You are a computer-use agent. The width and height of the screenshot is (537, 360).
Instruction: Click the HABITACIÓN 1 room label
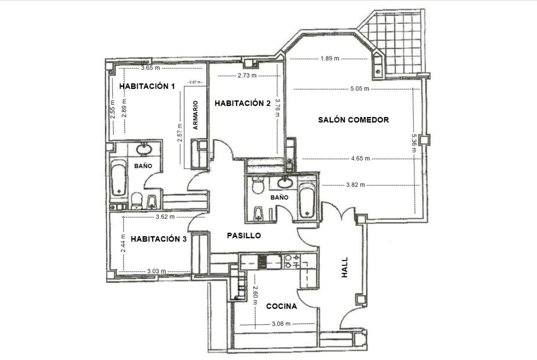(x=147, y=86)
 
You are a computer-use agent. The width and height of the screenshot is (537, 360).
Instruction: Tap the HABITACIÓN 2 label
(x=242, y=103)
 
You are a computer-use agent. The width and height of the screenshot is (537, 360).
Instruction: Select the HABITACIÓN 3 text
(x=158, y=239)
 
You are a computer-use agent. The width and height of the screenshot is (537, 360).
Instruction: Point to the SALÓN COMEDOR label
(x=353, y=120)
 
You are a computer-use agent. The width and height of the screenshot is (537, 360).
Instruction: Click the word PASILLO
(x=244, y=235)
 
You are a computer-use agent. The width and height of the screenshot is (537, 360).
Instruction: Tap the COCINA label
(x=281, y=306)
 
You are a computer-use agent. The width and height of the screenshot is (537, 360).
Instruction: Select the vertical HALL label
(x=345, y=267)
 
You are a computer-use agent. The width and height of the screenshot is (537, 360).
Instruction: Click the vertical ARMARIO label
(x=196, y=115)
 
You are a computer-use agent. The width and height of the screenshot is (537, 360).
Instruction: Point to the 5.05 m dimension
(x=359, y=89)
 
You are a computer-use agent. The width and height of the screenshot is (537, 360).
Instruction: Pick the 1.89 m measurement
(x=330, y=59)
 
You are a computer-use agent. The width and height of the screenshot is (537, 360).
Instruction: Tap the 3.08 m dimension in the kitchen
(x=281, y=324)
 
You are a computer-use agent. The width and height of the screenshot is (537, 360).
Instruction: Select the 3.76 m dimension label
(x=278, y=108)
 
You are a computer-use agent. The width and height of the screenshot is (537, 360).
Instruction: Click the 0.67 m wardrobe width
(x=195, y=82)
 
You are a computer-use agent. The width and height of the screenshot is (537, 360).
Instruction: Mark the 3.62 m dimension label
(x=165, y=216)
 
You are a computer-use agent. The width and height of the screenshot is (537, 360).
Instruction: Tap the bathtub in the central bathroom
(x=307, y=200)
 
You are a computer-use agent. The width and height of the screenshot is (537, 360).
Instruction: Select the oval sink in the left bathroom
(x=144, y=150)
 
